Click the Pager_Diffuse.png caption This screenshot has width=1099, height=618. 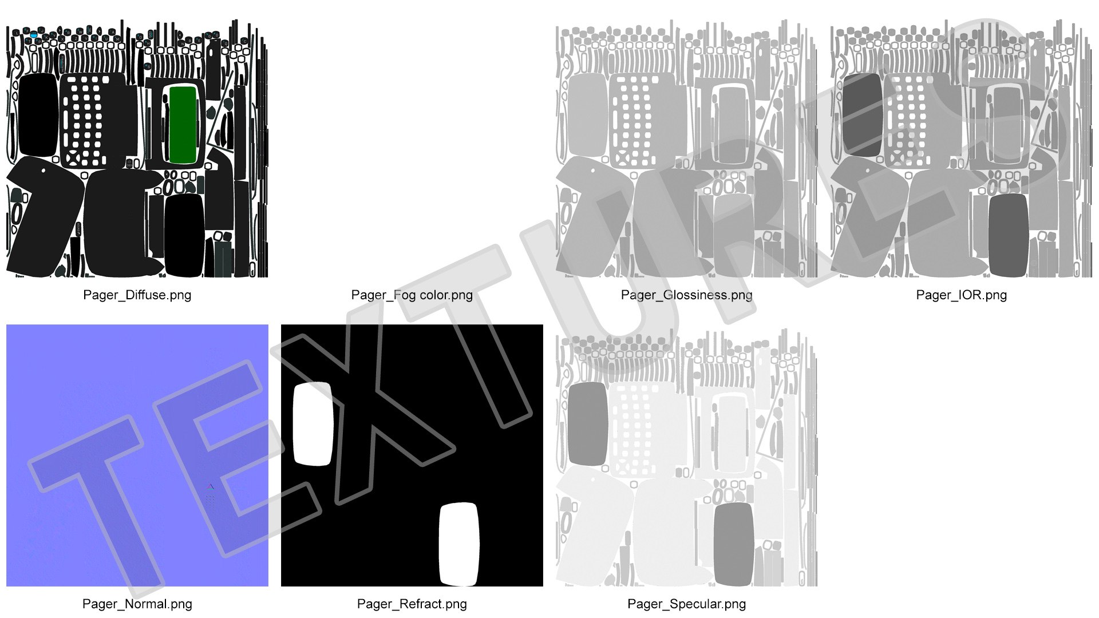pos(137,295)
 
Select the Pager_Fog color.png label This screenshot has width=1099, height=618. pos(412,295)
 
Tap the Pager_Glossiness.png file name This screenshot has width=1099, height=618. pos(686,295)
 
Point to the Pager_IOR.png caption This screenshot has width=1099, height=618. pos(961,295)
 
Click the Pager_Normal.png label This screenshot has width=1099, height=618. pos(137,604)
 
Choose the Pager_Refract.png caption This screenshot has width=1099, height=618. pos(412,604)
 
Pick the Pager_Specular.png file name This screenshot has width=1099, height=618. pos(686,604)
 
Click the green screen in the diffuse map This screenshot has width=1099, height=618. pos(183,124)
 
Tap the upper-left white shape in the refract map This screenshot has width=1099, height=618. pos(313,423)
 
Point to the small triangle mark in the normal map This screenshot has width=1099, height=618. pos(211,487)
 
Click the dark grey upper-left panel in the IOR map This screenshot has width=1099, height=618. pos(863,114)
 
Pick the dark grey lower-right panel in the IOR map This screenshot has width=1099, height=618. pos(1008,235)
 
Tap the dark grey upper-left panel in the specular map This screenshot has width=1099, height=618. pos(588,423)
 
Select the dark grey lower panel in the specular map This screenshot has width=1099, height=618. pos(733,544)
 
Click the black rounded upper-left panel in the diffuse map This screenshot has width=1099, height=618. pos(38,114)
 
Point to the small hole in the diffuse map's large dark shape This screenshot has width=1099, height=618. pos(43,170)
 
